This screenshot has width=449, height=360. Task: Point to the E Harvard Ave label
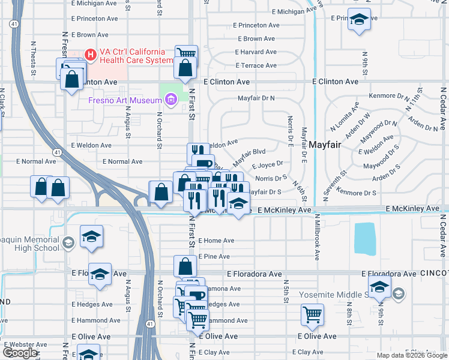256,52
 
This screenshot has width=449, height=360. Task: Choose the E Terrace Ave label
256,65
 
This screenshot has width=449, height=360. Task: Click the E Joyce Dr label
267,164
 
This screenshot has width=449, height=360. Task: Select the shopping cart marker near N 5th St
312,314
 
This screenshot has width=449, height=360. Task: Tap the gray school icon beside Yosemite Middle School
398,293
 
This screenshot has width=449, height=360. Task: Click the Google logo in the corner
20,353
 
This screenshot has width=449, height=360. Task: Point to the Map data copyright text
412,355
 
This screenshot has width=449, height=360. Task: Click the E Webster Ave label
24,344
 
